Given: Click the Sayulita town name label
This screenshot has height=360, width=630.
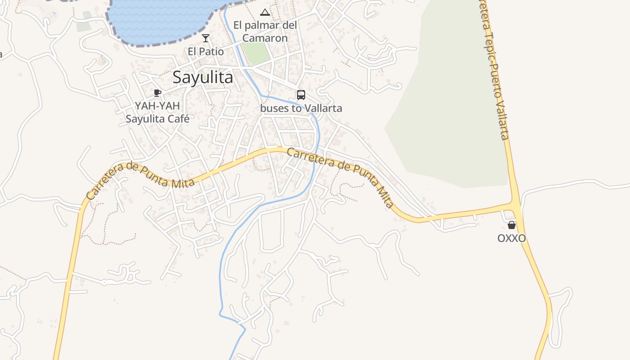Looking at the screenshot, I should pyautogui.click(x=203, y=77).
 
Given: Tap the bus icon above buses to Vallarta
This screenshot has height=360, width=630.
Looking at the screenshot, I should pyautogui.click(x=301, y=95).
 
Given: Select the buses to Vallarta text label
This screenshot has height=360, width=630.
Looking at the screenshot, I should pyautogui.click(x=301, y=108).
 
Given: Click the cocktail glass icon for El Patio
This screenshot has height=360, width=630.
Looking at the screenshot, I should pyautogui.click(x=206, y=38).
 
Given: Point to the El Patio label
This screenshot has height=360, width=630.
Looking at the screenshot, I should pyautogui.click(x=206, y=52).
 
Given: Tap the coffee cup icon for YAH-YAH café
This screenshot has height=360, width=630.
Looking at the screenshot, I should pyautogui.click(x=157, y=93).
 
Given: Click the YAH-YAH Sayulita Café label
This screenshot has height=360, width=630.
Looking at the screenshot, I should pyautogui.click(x=157, y=112).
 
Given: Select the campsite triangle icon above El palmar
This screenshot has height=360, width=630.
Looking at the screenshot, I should pyautogui.click(x=265, y=12).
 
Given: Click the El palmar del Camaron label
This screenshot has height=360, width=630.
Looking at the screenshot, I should pyautogui.click(x=265, y=31).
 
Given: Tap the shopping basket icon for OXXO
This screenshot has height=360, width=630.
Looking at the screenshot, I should pyautogui.click(x=512, y=225).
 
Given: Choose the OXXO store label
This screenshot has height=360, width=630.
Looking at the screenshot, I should pyautogui.click(x=512, y=238).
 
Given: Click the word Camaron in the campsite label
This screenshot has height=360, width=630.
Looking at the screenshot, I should pyautogui.click(x=265, y=38).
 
